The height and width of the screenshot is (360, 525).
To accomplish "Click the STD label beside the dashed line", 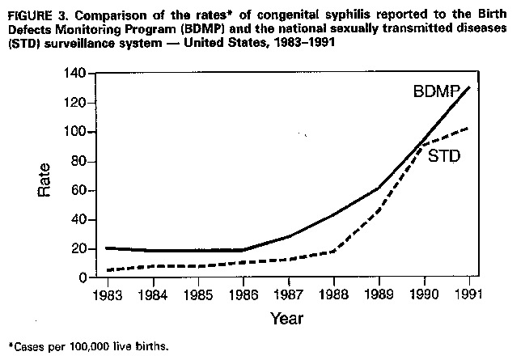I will click(x=443, y=156).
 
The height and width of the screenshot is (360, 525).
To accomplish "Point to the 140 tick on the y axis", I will click(x=75, y=74).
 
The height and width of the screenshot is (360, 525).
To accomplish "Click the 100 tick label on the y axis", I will click(x=75, y=132).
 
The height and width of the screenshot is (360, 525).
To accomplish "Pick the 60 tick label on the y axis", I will click(x=78, y=190).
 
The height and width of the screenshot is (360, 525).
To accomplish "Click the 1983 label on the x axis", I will click(x=106, y=293).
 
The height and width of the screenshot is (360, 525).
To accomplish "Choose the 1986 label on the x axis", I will click(x=242, y=293).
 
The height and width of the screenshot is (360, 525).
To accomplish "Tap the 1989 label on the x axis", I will click(x=379, y=293).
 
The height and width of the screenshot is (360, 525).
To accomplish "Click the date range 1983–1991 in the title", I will click(x=294, y=41).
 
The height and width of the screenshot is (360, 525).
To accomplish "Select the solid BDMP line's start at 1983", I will click(x=106, y=248).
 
